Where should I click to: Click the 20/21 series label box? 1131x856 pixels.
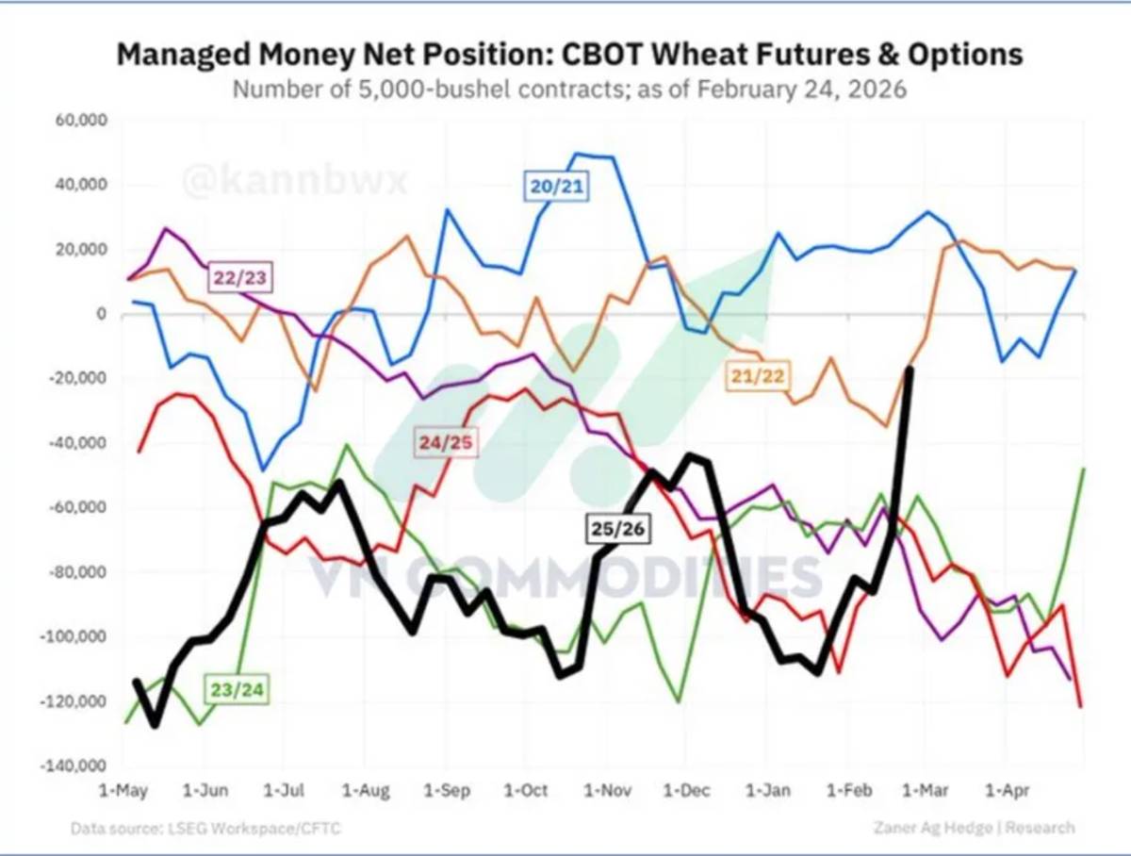click(x=556, y=186)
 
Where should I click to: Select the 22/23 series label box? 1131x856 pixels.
click(x=240, y=278)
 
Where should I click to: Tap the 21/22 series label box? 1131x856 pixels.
click(x=758, y=376)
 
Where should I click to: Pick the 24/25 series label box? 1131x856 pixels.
click(x=446, y=442)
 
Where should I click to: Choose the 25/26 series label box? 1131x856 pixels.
click(x=617, y=528)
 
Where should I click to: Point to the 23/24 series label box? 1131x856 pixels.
click(x=237, y=689)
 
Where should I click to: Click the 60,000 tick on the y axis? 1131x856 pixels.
click(x=81, y=120)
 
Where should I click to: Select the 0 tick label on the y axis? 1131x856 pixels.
click(x=102, y=314)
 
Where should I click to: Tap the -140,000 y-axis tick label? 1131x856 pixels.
click(x=74, y=765)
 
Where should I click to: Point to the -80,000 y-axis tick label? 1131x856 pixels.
click(x=77, y=571)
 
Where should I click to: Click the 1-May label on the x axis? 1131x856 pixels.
click(x=123, y=790)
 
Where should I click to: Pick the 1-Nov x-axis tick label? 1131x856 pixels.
click(x=608, y=790)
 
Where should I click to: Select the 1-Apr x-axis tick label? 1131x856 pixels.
click(x=1008, y=790)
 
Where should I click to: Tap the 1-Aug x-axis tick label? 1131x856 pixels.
click(x=366, y=790)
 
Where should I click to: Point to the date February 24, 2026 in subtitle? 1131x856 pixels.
click(x=802, y=90)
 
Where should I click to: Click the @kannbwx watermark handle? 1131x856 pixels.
click(x=295, y=180)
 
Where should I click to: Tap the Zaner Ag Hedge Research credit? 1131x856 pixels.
click(x=975, y=828)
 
